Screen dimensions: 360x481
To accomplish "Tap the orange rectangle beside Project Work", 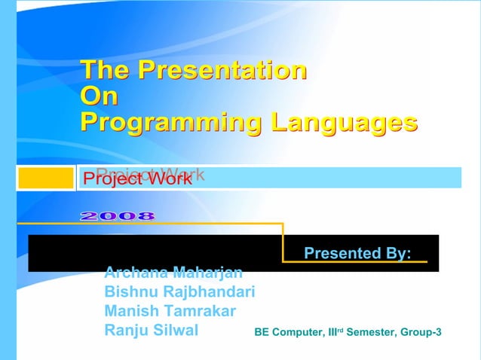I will (45, 178).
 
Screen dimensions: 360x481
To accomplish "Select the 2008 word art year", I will (118, 216).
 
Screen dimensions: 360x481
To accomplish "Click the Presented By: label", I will (357, 253).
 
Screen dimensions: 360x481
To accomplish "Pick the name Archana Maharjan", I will (173, 272).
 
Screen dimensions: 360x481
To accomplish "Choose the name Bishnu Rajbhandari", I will (179, 291).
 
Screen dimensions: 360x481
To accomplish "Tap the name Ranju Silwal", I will (152, 330).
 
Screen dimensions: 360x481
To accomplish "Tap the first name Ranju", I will (127, 330).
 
